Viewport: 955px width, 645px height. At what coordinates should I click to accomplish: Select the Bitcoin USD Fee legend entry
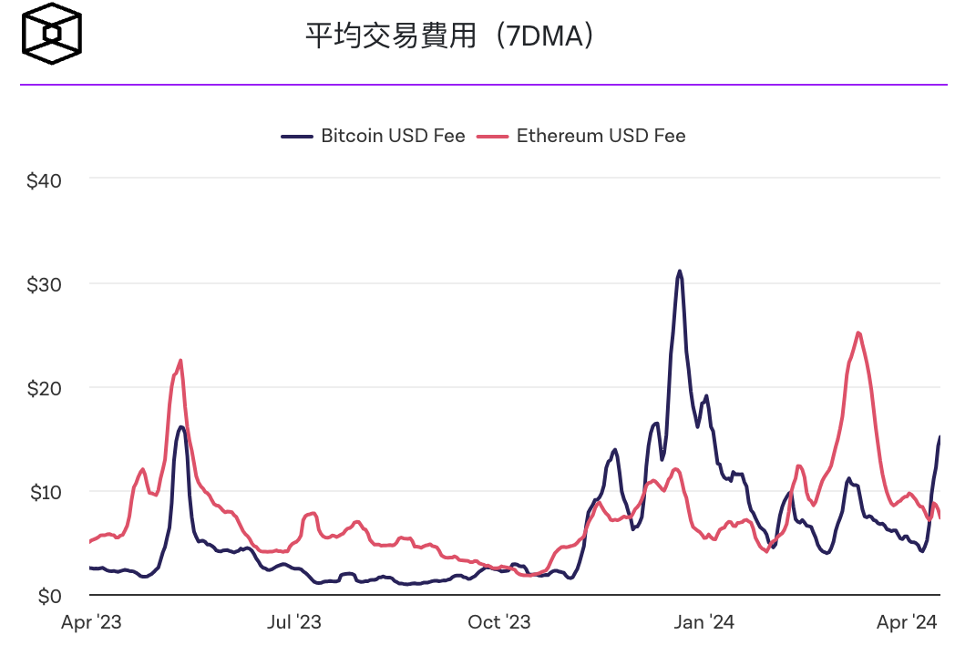(374, 136)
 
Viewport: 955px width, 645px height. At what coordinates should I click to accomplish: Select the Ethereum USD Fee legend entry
(582, 136)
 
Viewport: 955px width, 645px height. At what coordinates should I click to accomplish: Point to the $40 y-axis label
(44, 180)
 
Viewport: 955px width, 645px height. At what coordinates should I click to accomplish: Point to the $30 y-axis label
(44, 284)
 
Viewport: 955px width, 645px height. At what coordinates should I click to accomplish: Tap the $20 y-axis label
(44, 388)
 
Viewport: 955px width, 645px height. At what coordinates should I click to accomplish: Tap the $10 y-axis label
(44, 492)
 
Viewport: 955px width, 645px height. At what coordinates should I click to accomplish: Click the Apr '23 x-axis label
(91, 622)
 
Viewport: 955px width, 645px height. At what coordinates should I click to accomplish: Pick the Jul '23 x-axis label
(293, 622)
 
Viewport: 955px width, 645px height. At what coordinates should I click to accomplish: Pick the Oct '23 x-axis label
(498, 622)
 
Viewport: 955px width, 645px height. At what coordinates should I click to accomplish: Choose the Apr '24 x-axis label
(907, 622)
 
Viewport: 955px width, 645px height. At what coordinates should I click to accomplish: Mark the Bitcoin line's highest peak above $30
(679, 271)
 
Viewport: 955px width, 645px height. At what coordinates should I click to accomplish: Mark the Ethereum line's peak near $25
(858, 333)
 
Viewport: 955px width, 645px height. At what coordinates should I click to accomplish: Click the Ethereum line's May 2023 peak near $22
(180, 361)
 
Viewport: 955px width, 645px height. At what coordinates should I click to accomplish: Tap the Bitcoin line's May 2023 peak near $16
(181, 426)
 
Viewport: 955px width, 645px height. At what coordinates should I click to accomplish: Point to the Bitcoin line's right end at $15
(940, 437)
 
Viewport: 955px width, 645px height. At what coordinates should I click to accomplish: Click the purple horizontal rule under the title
(483, 85)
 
